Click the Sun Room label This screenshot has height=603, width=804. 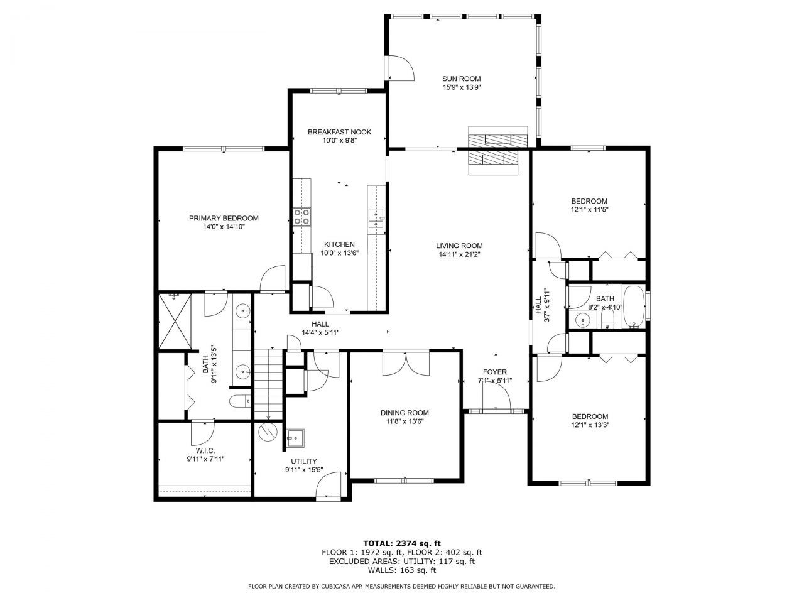pos(461,79)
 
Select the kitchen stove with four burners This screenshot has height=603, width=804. pos(301,217)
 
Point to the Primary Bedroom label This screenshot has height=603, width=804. pos(224,219)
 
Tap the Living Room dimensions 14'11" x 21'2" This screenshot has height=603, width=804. pos(459,255)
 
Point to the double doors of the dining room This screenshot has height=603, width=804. pos(406,362)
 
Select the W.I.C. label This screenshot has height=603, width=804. pos(205,450)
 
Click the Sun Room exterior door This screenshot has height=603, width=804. pos(400,67)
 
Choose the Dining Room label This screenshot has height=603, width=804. pos(405,413)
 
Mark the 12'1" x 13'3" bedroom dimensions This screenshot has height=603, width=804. pos(590,425)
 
